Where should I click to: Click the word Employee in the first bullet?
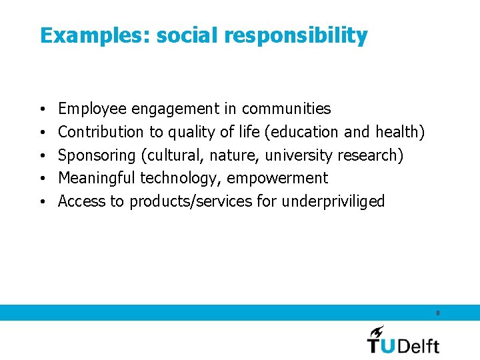click(x=93, y=109)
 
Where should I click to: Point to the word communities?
click(x=286, y=109)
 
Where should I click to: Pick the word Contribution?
click(x=101, y=132)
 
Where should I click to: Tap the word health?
click(x=399, y=132)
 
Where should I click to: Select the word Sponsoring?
click(x=97, y=155)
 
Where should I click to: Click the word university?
click(x=299, y=155)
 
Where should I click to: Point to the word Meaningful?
click(x=97, y=179)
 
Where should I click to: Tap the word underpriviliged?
click(x=333, y=201)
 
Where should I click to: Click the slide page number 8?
click(x=437, y=313)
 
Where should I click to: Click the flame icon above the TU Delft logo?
click(x=377, y=331)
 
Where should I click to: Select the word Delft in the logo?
click(x=418, y=345)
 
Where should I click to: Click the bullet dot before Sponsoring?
click(x=43, y=155)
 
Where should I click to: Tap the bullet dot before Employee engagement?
click(x=43, y=109)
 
